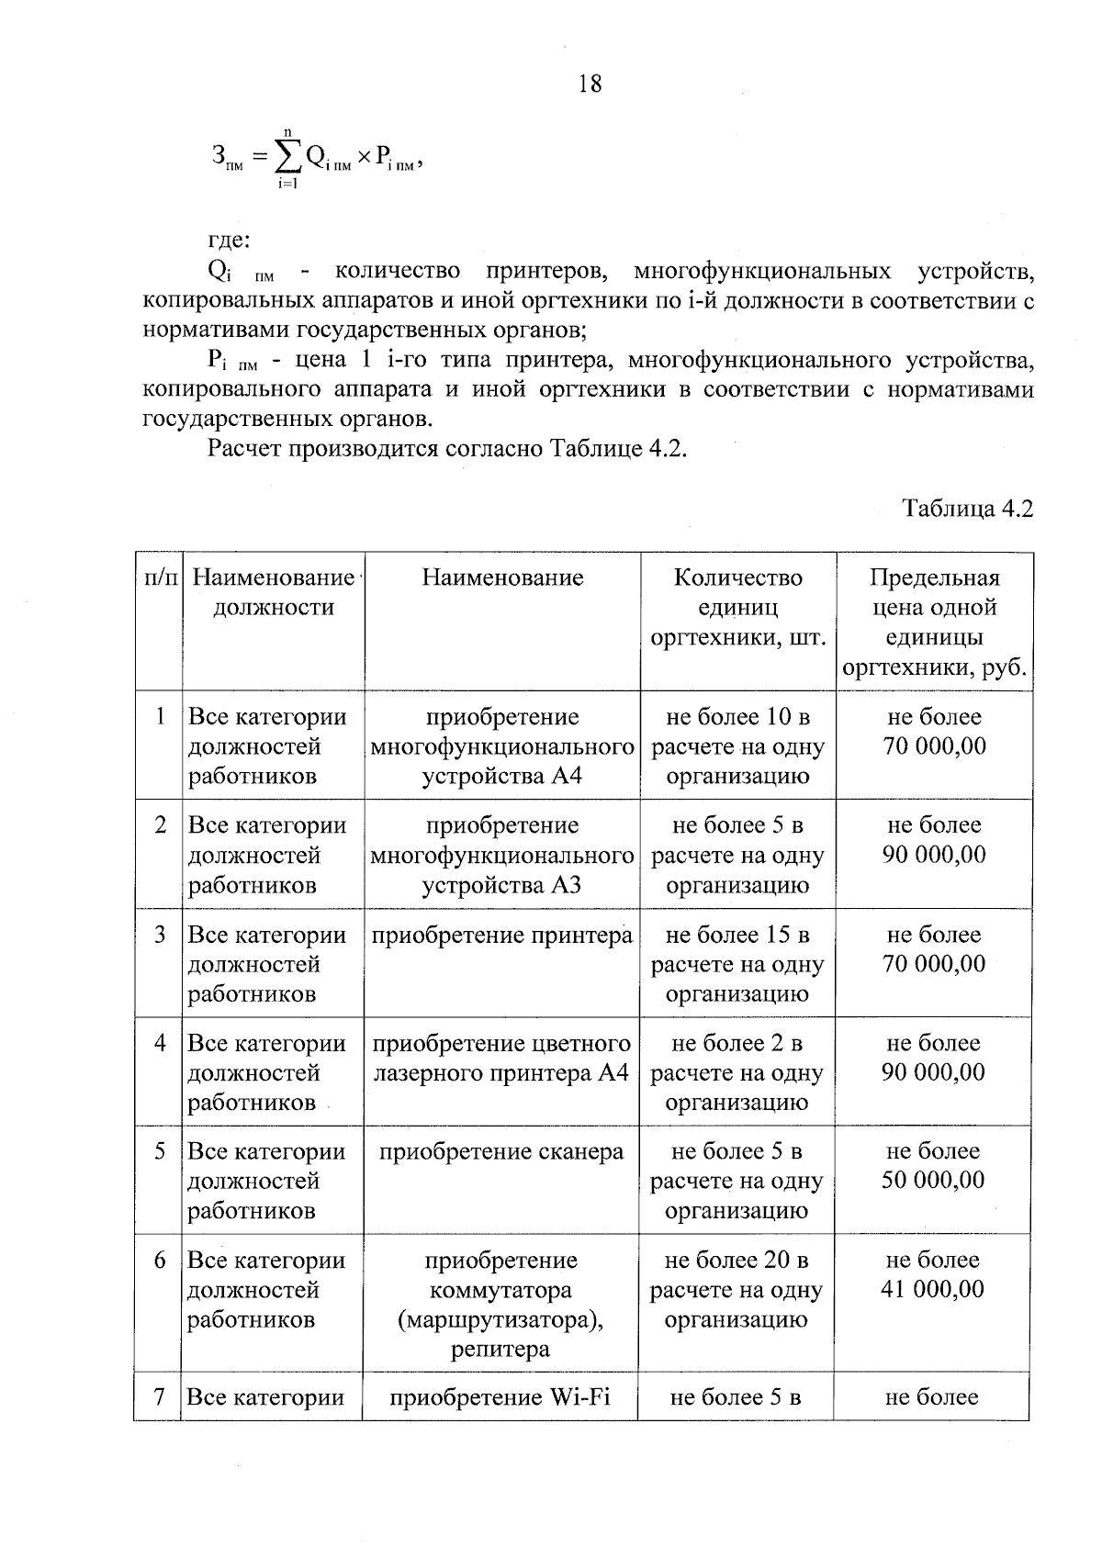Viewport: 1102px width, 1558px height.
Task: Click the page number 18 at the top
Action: [x=590, y=84]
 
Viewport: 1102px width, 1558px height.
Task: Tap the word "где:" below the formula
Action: [x=229, y=241]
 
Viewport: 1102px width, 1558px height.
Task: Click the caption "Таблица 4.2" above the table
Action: [x=967, y=509]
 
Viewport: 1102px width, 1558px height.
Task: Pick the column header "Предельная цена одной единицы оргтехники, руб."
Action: [x=934, y=622]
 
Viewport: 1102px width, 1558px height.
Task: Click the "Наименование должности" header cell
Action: [x=274, y=592]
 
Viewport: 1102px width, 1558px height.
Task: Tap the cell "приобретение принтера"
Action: [x=501, y=936]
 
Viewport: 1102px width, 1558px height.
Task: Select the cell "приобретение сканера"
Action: [x=501, y=1152]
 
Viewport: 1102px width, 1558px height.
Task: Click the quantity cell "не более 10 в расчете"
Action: [x=737, y=746]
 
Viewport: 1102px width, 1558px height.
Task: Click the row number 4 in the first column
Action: [x=161, y=1044]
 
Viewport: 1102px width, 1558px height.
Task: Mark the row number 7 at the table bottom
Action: [x=160, y=1397]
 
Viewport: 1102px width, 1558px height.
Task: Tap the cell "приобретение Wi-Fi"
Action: [x=500, y=1398]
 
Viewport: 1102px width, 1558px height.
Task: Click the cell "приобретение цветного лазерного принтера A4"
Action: [x=501, y=1058]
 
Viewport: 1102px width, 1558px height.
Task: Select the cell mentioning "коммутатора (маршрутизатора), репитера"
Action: [x=500, y=1305]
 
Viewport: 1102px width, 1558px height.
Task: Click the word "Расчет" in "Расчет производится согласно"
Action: [x=245, y=450]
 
